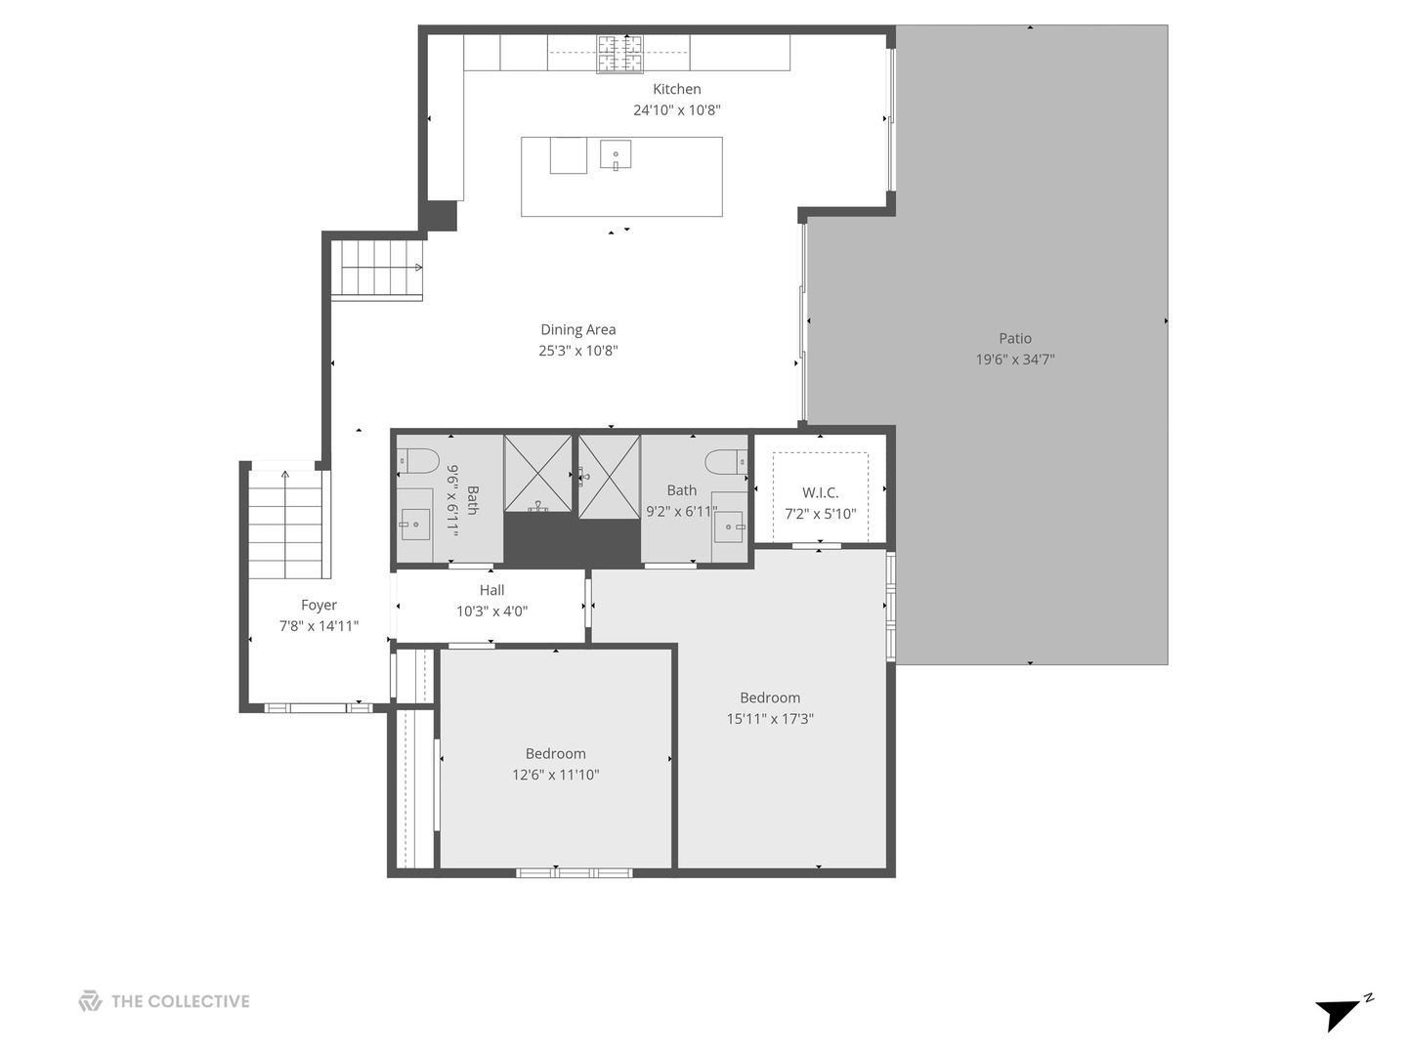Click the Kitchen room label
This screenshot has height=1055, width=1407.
676,89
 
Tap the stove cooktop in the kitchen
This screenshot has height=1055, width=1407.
620,54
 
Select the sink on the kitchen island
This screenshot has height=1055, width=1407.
616,155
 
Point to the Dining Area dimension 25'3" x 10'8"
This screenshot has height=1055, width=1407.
577,351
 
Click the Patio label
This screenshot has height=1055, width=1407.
1014,338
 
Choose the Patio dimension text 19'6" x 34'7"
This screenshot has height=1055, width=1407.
1014,359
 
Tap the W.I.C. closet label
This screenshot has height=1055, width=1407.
820,492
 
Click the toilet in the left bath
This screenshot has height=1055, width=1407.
417,459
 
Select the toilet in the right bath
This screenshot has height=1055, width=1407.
726,460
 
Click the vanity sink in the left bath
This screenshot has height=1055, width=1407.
415,525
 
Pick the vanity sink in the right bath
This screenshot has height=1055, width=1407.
728,527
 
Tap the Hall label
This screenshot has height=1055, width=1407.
491,590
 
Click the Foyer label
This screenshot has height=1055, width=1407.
319,606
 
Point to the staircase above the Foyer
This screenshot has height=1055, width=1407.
284,524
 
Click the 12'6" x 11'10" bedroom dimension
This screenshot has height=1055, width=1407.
555,775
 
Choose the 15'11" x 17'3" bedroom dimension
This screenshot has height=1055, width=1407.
769,719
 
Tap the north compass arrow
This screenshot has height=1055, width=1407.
1341,1013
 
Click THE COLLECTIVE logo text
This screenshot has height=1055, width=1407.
180,1001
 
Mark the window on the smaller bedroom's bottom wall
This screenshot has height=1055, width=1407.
574,872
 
